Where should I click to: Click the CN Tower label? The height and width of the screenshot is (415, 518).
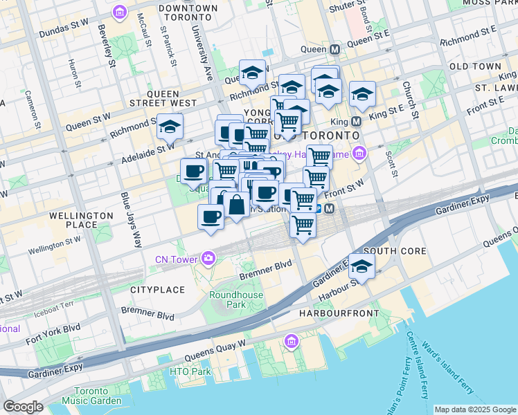click(177, 259)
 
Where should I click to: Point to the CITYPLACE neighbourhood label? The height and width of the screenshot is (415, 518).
click(157, 289)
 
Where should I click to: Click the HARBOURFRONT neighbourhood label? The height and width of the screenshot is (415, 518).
click(339, 313)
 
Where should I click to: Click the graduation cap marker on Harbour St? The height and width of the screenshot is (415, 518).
click(361, 265)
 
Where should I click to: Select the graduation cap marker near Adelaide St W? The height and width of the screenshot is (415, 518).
click(169, 127)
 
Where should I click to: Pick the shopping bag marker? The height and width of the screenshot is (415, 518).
click(236, 204)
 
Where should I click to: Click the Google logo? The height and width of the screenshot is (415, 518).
click(23, 407)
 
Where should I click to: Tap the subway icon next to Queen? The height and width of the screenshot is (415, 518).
click(335, 50)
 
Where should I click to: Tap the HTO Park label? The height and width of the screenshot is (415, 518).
click(190, 371)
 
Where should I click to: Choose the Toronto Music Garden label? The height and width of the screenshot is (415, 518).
click(91, 396)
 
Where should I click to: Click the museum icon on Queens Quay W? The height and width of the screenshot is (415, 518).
click(292, 341)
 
